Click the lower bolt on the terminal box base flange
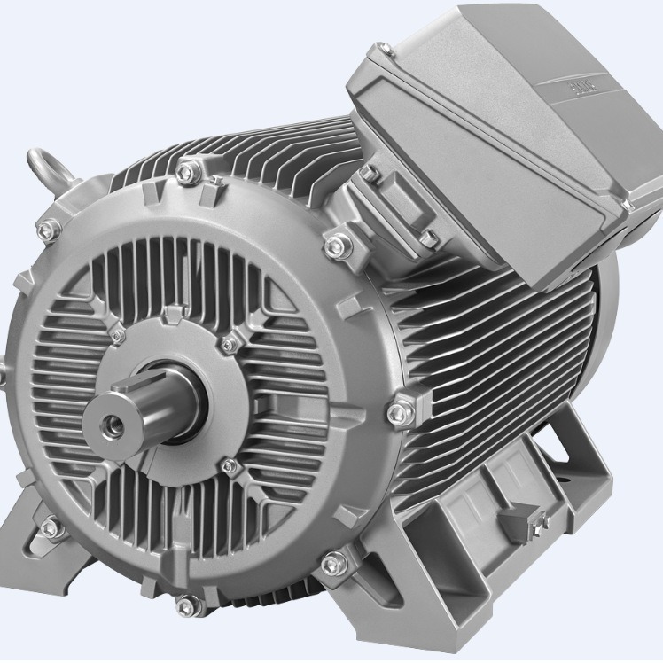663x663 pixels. (x=428, y=238)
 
